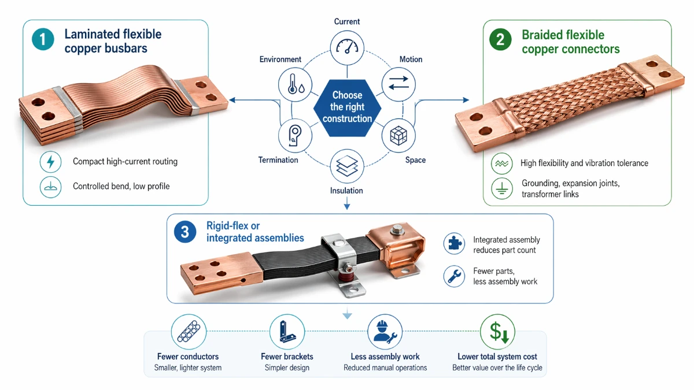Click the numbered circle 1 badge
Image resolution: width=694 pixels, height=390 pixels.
[43, 41]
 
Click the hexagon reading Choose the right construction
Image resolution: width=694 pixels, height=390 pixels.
[347, 107]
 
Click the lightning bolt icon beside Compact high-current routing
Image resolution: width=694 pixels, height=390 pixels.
[50, 162]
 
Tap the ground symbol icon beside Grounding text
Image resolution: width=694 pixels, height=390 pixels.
[501, 189]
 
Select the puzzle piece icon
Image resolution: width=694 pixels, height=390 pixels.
[454, 244]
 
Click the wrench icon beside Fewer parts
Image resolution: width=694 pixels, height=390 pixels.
[454, 276]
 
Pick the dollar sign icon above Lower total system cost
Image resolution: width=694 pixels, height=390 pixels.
[497, 332]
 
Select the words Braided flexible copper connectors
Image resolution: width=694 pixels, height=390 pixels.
[570, 42]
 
